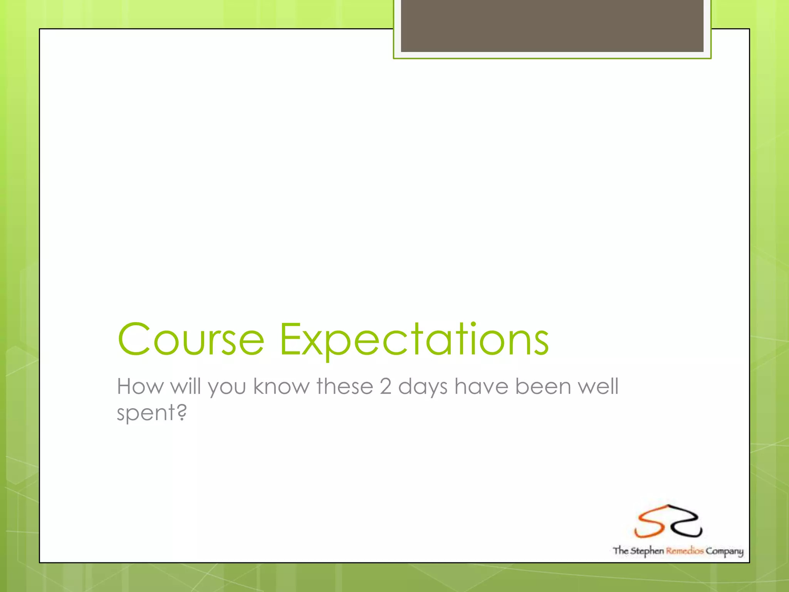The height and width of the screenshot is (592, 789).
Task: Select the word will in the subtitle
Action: (x=186, y=386)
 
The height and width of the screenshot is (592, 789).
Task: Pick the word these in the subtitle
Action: (x=345, y=386)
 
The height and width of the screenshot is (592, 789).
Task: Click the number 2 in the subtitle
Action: (x=386, y=386)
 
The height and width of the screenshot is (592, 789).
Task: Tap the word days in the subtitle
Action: (x=423, y=387)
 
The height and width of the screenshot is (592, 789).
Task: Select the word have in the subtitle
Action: (x=481, y=386)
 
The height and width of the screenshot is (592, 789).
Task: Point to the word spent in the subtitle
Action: (x=146, y=413)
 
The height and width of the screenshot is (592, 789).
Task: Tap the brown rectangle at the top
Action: (x=552, y=25)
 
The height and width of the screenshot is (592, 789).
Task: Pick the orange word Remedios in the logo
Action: (x=685, y=551)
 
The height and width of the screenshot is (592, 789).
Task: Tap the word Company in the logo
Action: (x=724, y=552)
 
